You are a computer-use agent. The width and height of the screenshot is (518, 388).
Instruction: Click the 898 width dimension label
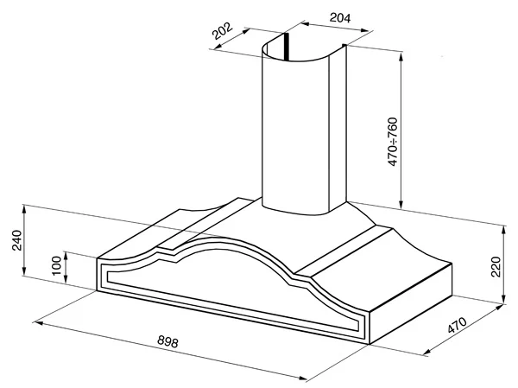point(167,341)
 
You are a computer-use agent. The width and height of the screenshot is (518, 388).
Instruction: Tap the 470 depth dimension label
point(458,325)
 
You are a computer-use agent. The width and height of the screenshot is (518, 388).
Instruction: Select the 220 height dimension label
point(496,267)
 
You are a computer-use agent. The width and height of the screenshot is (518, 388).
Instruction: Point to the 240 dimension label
point(16,240)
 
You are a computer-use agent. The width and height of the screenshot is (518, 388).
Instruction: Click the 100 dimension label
point(57,265)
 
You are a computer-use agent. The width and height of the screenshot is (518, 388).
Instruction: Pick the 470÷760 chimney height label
point(393,142)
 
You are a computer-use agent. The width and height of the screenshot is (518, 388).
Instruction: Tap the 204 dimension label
point(340,17)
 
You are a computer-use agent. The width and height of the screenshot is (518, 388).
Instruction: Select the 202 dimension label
point(223,30)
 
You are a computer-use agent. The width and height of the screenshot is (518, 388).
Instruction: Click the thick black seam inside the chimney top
point(287,47)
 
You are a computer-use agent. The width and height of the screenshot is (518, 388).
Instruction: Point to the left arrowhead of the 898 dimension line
point(39,322)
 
